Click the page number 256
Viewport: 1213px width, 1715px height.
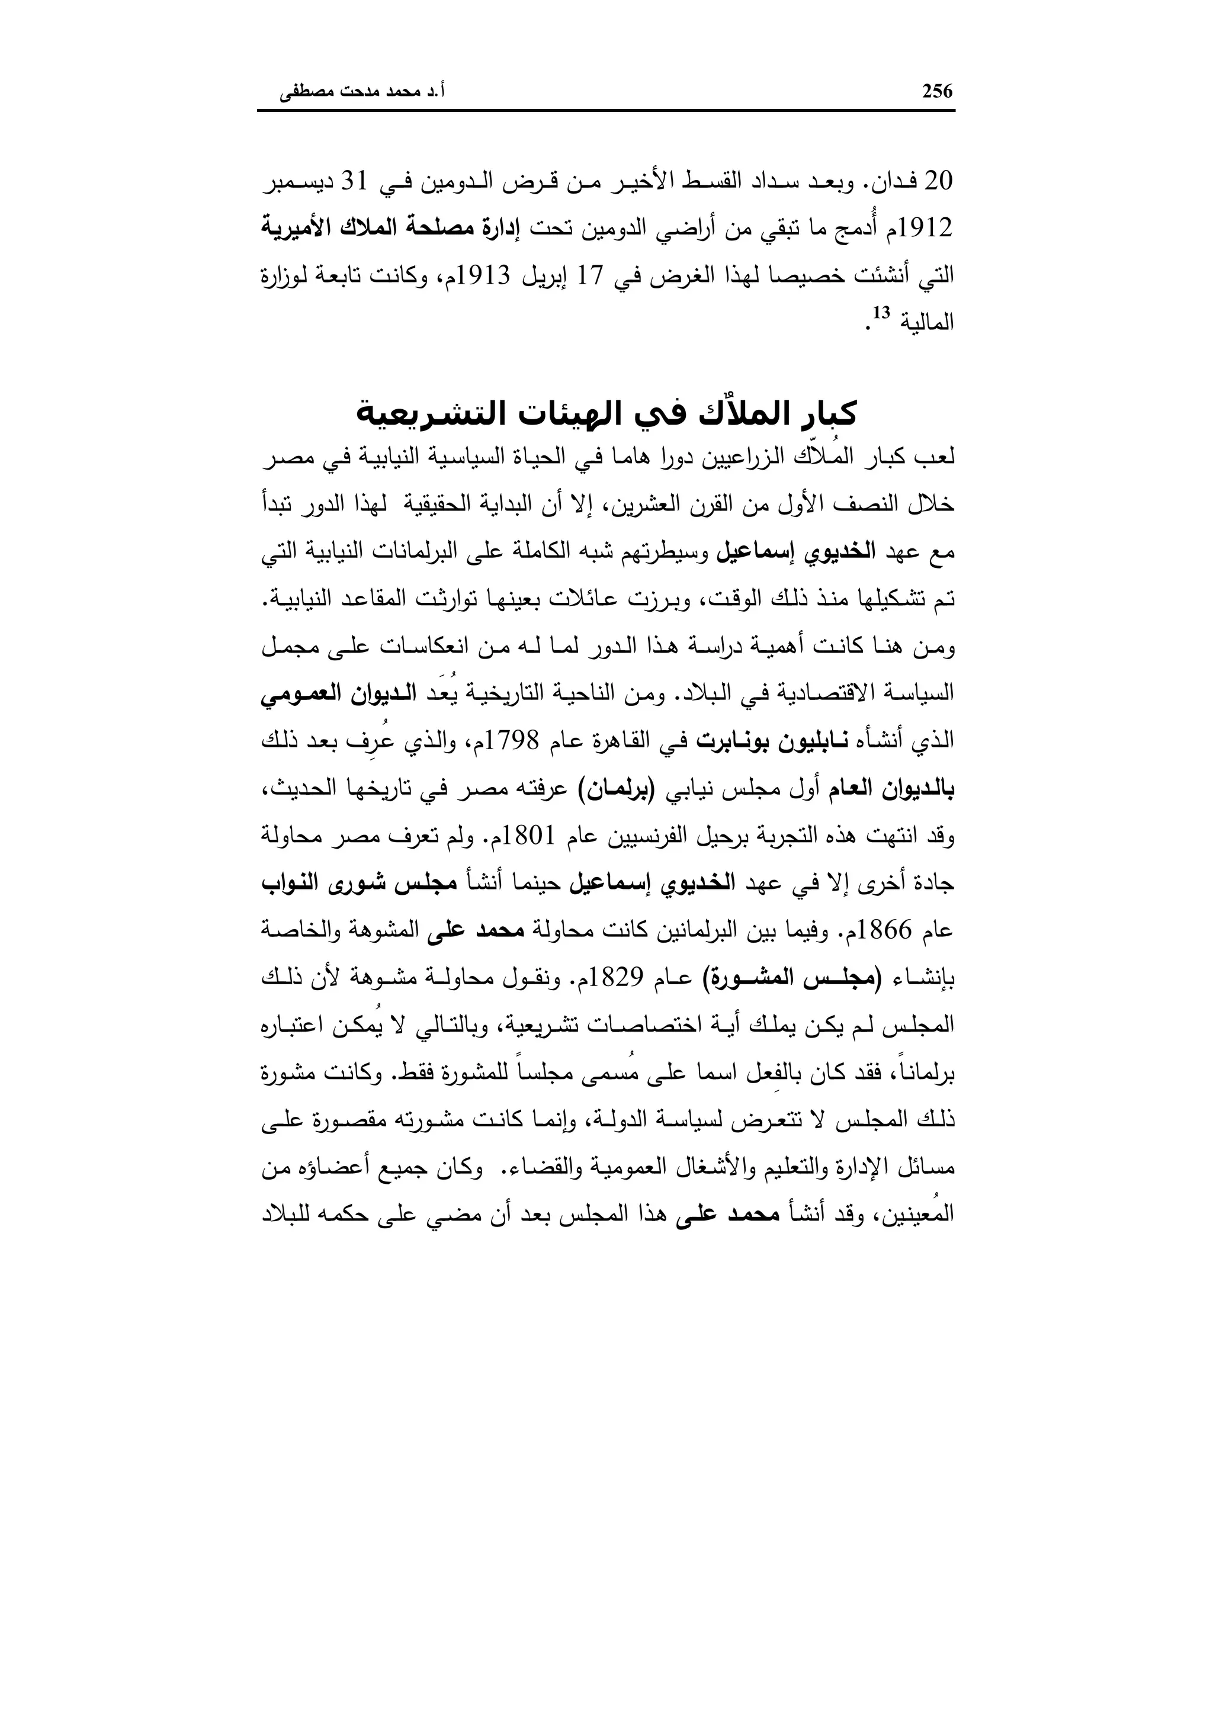point(938,92)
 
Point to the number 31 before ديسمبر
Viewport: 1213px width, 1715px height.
point(357,182)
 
